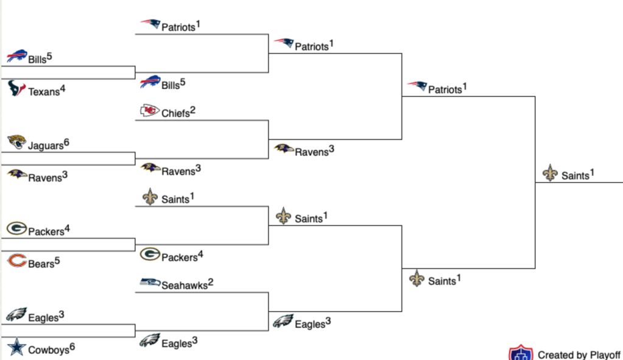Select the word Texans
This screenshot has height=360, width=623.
(x=44, y=93)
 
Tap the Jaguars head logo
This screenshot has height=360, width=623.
(x=16, y=143)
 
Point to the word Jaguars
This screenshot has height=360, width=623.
(x=46, y=146)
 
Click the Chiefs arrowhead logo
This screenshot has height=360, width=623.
(x=150, y=111)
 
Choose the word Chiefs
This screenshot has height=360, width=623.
(x=175, y=113)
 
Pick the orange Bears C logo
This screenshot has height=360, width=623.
(x=16, y=262)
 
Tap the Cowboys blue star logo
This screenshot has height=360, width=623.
(x=16, y=348)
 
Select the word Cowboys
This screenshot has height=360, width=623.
(x=48, y=350)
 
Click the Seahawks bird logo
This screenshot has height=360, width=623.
(x=150, y=283)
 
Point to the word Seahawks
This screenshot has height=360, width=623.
(x=185, y=286)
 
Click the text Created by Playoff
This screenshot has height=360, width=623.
(x=579, y=355)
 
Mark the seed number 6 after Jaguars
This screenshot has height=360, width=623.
(x=66, y=143)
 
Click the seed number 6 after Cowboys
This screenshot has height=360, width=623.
(x=72, y=347)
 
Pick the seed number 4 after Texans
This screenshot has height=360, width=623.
(x=62, y=89)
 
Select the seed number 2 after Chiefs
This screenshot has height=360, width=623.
(x=192, y=110)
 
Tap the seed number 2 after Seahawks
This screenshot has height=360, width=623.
(x=211, y=282)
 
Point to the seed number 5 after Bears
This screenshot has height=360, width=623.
(x=57, y=261)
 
